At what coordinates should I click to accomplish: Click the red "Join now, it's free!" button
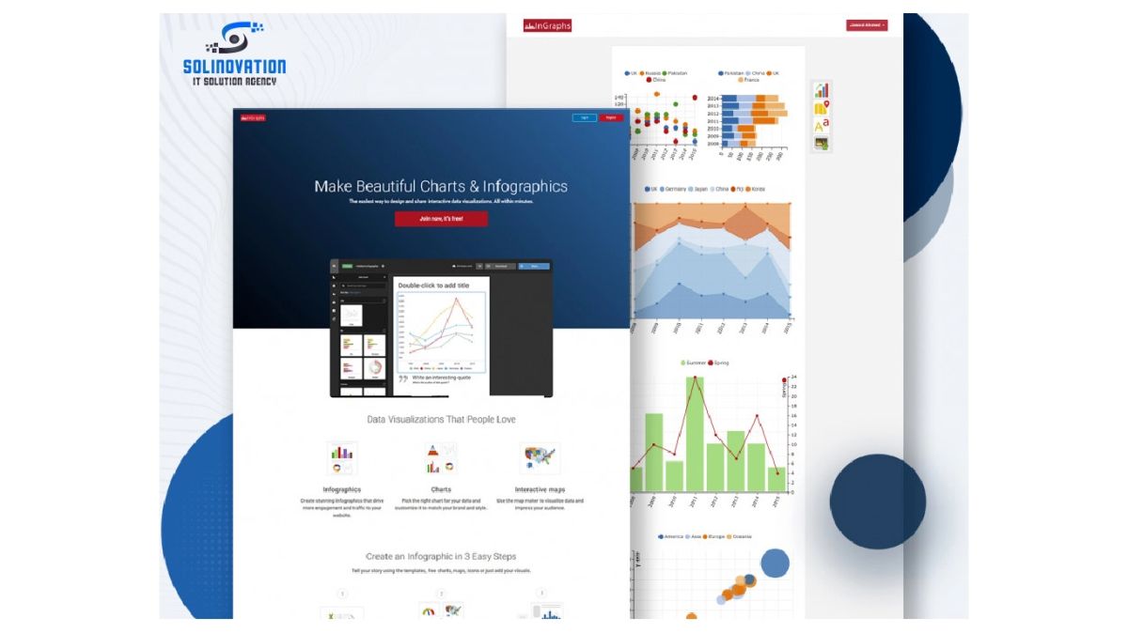[x=441, y=219]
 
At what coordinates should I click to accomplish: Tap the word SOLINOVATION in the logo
[x=235, y=67]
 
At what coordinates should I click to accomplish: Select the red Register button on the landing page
[x=611, y=117]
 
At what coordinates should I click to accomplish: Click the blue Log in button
[x=584, y=117]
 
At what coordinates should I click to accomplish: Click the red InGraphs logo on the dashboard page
[x=547, y=25]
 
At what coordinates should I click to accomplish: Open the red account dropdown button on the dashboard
[x=866, y=25]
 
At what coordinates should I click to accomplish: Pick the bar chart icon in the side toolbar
[x=822, y=90]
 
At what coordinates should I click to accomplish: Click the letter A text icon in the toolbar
[x=822, y=125]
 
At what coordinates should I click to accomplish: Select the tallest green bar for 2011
[x=695, y=433]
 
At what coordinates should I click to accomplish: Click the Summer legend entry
[x=694, y=363]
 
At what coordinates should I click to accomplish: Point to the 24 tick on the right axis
[x=794, y=377]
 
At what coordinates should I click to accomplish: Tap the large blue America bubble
[x=775, y=563]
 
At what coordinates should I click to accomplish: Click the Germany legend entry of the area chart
[x=675, y=189]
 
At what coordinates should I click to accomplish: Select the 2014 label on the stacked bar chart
[x=713, y=98]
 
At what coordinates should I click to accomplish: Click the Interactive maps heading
[x=540, y=489]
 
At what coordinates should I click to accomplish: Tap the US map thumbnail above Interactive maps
[x=540, y=457]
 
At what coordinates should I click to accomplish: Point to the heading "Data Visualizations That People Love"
[x=441, y=420]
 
